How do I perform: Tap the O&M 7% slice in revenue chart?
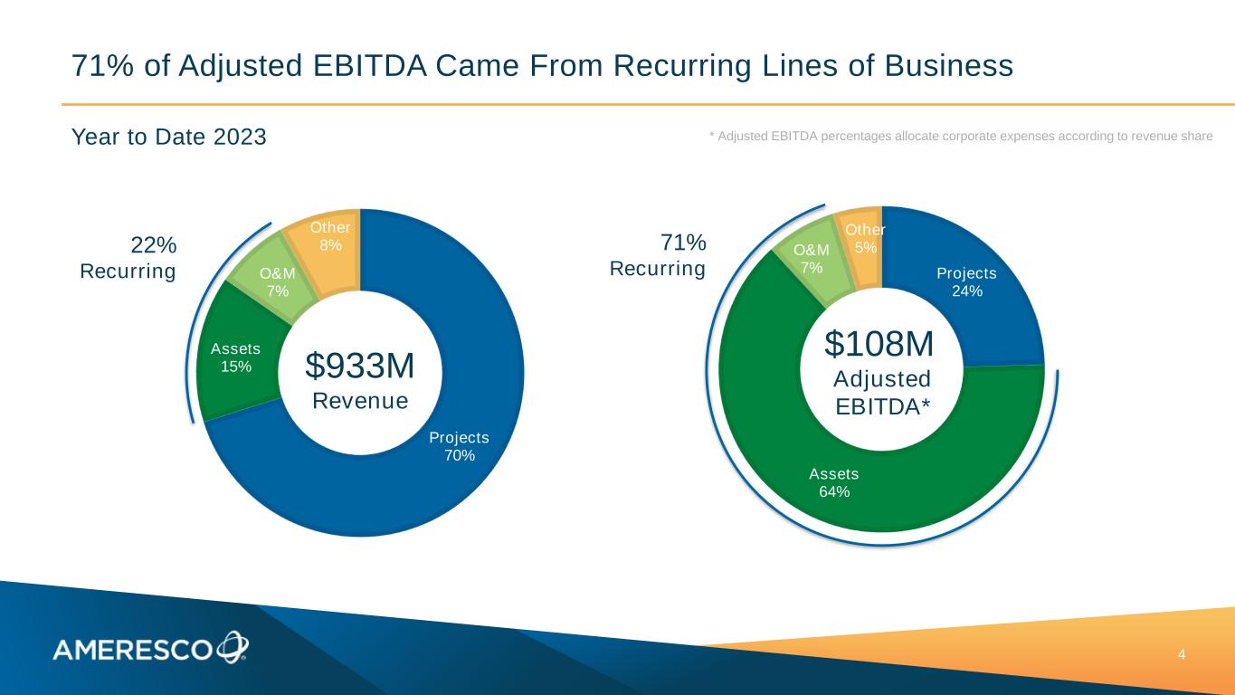tap(273, 281)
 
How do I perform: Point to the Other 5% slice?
tap(864, 240)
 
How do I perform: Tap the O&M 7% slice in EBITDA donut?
tap(811, 258)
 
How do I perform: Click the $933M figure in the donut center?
tap(360, 366)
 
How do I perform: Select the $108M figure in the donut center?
tap(879, 344)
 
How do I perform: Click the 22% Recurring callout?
tap(128, 258)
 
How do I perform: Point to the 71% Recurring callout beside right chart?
tap(658, 255)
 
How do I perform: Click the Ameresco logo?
tap(149, 648)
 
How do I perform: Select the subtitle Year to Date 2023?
tap(169, 138)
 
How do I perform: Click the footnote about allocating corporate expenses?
tap(960, 136)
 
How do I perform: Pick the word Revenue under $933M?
tap(360, 400)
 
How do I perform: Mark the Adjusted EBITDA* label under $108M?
tap(881, 393)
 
